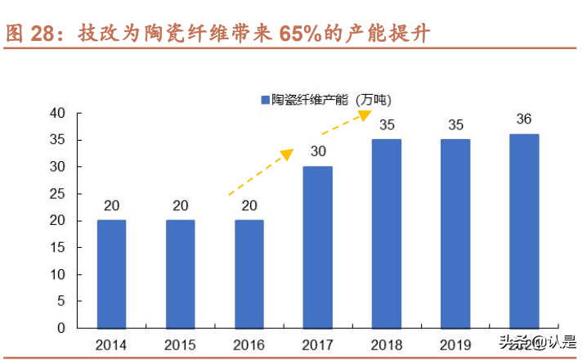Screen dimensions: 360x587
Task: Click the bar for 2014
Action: (x=112, y=273)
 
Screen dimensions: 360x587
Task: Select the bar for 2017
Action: (x=318, y=247)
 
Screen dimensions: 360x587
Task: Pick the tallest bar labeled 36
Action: (x=524, y=231)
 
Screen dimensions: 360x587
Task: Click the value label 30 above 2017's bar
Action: (x=318, y=151)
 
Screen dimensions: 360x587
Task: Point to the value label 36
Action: (x=524, y=119)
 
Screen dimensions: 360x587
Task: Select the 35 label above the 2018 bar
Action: (x=387, y=124)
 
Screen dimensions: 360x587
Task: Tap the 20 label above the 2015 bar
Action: (x=181, y=205)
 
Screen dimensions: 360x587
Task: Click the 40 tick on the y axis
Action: (x=57, y=114)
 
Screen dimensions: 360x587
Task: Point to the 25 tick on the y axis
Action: (x=57, y=194)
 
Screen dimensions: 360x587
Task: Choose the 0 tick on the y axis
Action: (x=61, y=328)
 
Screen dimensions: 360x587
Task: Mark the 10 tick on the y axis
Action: (x=57, y=274)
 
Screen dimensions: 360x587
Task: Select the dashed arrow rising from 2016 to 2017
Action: (x=260, y=173)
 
